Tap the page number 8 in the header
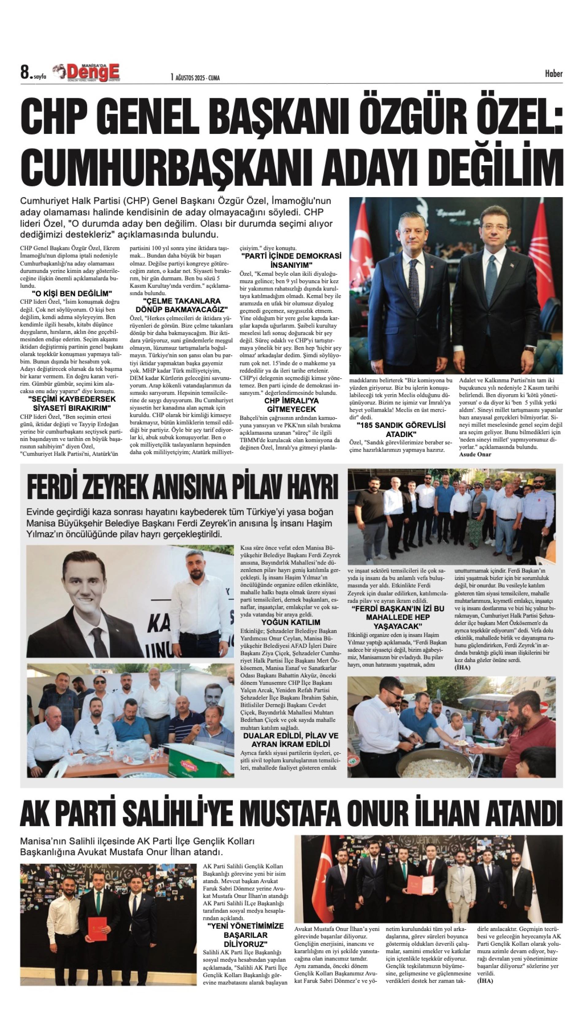click(25, 73)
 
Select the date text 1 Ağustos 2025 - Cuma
click(195, 77)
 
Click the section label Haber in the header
click(553, 74)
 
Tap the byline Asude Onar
click(475, 454)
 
